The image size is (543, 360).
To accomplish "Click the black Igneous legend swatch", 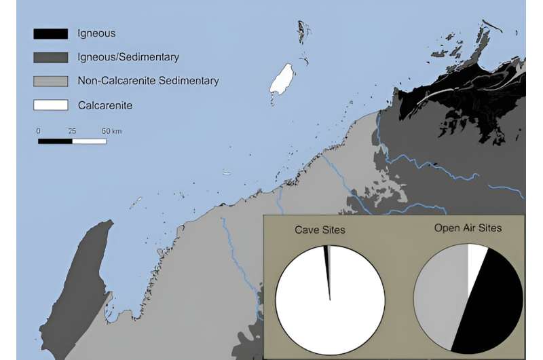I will click(x=51, y=33).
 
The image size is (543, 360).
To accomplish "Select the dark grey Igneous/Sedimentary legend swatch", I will click(x=51, y=57).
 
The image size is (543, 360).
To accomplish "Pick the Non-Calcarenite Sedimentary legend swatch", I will click(x=51, y=81).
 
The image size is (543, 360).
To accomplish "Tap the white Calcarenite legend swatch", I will click(x=51, y=105).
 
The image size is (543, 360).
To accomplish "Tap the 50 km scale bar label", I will click(x=111, y=130).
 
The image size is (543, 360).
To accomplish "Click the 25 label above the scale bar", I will click(x=72, y=130).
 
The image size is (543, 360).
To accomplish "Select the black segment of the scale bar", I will click(x=55, y=141).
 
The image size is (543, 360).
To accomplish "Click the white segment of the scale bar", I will click(x=89, y=141).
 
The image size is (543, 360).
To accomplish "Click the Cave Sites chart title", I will click(x=320, y=230).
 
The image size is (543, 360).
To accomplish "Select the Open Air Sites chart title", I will click(x=468, y=228).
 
